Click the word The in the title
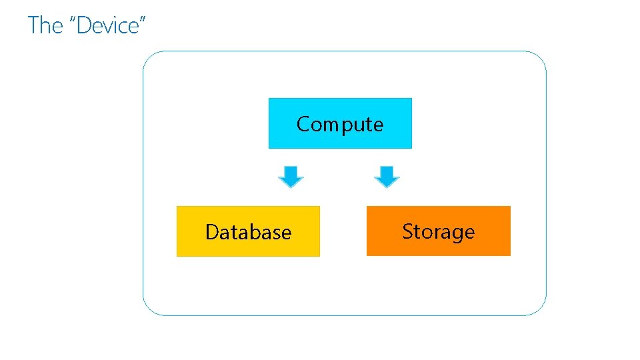(x=45, y=25)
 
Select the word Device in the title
(x=107, y=25)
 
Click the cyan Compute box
(x=340, y=123)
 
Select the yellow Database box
(x=248, y=231)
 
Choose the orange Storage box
(x=438, y=231)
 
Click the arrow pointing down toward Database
(x=291, y=177)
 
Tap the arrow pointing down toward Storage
(x=387, y=177)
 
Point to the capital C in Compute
(x=303, y=124)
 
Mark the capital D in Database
(x=213, y=232)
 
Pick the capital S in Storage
(x=408, y=231)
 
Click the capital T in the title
(x=34, y=25)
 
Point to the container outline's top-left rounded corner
(x=149, y=57)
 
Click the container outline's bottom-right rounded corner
(x=539, y=309)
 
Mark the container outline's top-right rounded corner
(x=539, y=58)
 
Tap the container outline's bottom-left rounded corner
(x=149, y=309)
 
